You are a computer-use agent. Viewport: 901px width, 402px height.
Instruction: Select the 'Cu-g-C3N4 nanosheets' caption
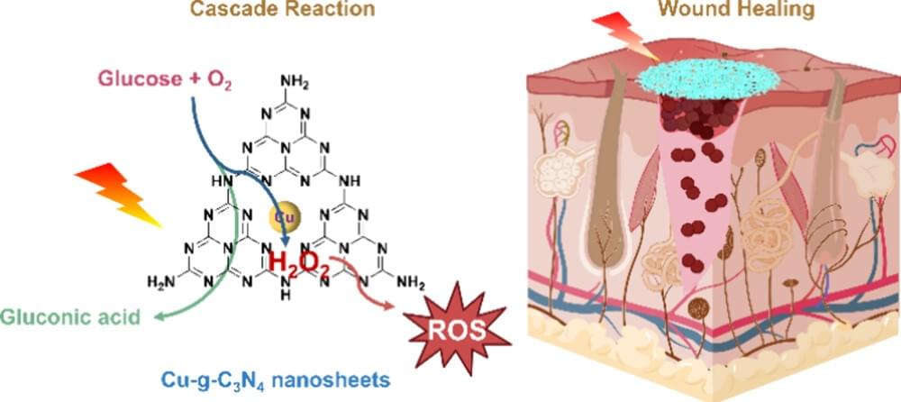pos(257,379)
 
